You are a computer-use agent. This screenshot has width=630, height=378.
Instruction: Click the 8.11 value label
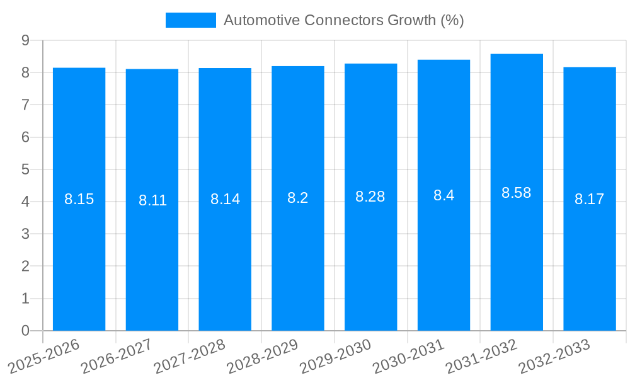point(152,200)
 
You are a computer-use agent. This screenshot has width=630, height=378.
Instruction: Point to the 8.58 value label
point(517,193)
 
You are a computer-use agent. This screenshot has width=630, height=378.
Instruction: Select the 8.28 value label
point(370,197)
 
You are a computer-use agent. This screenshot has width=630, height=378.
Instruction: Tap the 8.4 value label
point(444,195)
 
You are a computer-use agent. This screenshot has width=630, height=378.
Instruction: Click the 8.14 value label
point(225,199)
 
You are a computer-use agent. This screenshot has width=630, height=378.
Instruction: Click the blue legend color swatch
point(190,20)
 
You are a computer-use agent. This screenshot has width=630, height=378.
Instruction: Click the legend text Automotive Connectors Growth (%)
point(343,20)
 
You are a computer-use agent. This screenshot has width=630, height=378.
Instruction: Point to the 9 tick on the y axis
point(25,40)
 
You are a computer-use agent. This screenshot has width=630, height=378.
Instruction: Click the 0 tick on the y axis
point(25,331)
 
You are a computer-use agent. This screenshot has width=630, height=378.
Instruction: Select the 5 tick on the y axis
point(25,169)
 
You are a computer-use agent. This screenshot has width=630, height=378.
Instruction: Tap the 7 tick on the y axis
point(25,105)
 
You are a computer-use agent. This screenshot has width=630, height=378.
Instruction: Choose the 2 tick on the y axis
point(25,266)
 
